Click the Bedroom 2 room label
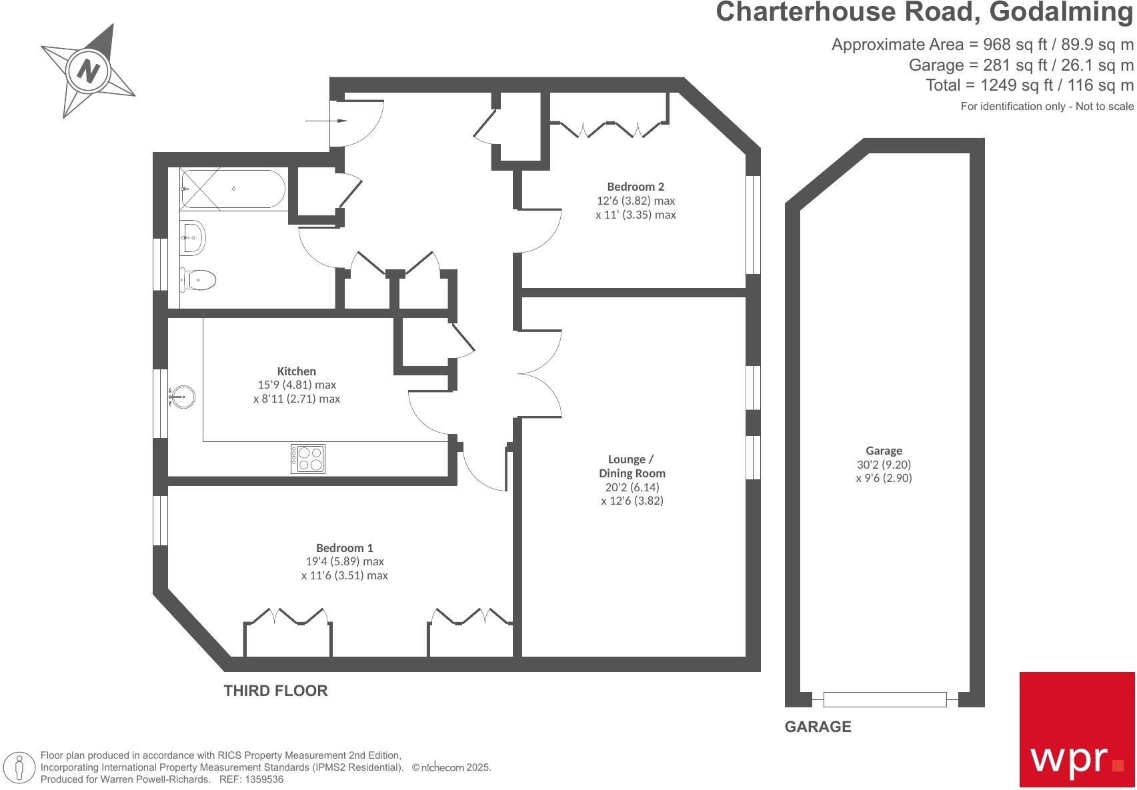click(x=635, y=187)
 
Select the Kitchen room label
click(x=296, y=371)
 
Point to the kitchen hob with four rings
click(x=308, y=459)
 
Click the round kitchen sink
click(x=182, y=397)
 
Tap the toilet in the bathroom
click(x=198, y=279)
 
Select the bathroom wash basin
click(x=193, y=237)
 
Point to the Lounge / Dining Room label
click(x=631, y=466)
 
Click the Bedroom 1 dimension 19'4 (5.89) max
click(x=344, y=561)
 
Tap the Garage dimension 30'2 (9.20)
click(x=884, y=465)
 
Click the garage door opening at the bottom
click(x=884, y=699)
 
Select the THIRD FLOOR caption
click(x=275, y=691)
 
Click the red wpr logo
click(x=1076, y=729)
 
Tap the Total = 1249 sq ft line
click(x=1029, y=85)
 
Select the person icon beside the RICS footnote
click(x=20, y=767)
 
